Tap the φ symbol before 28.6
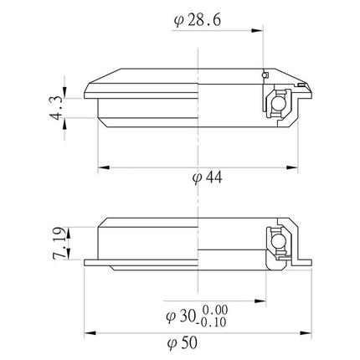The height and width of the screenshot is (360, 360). tap(178, 19)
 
